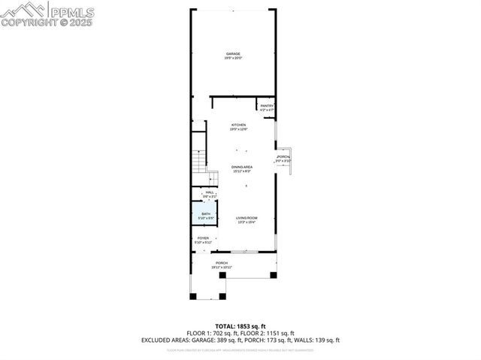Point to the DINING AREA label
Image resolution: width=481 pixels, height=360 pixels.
point(241,168)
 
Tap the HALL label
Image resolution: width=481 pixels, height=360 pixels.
point(209,194)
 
